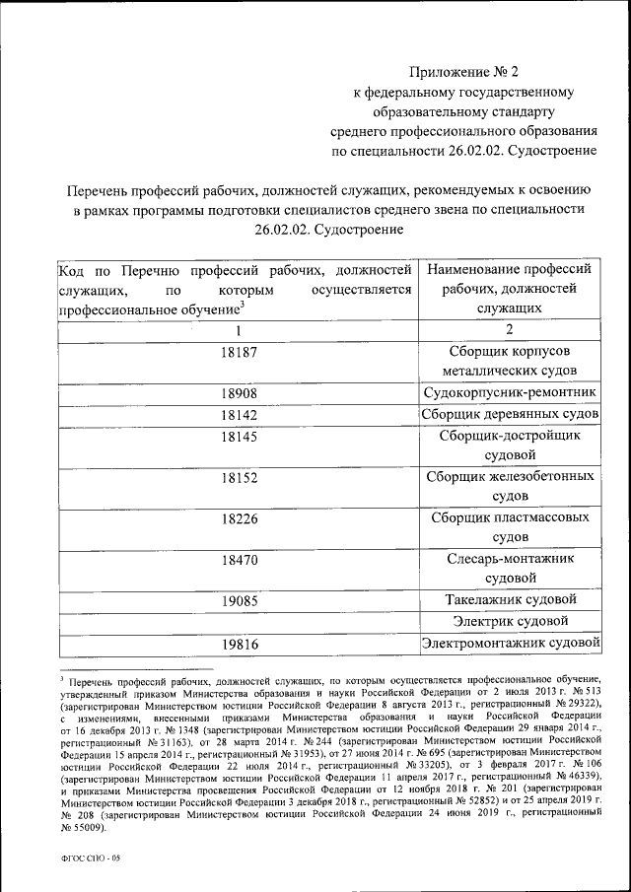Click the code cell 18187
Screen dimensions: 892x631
(238, 351)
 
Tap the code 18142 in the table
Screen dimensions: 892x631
(238, 415)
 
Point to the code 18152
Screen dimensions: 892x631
(238, 476)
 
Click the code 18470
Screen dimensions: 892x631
(238, 559)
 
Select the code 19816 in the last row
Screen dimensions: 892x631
(238, 644)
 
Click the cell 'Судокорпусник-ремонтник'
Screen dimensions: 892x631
(510, 394)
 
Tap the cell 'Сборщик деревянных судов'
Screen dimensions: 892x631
(510, 415)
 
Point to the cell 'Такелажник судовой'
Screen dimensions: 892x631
(510, 599)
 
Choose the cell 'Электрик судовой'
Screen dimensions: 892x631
(510, 621)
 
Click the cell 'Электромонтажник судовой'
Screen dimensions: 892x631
(510, 644)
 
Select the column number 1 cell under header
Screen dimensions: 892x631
(238, 330)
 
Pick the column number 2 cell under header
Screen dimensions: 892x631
(510, 330)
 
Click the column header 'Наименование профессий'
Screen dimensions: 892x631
(510, 268)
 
